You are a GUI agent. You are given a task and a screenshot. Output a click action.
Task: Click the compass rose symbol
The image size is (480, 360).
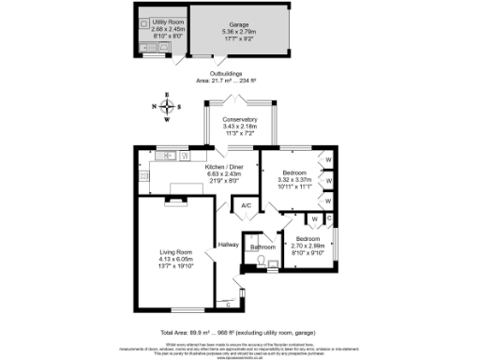(167, 106)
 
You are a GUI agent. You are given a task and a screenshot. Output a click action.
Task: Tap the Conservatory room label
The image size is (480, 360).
(240, 121)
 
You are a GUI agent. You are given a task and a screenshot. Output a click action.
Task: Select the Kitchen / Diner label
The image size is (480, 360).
(223, 167)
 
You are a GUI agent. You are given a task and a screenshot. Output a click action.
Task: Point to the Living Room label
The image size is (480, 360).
(175, 252)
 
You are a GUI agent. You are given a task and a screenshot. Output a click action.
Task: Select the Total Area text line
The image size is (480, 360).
(240, 332)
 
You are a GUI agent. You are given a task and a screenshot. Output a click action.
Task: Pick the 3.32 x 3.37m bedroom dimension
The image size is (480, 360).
(294, 180)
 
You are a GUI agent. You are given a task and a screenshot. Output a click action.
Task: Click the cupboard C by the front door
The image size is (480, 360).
(229, 302)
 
